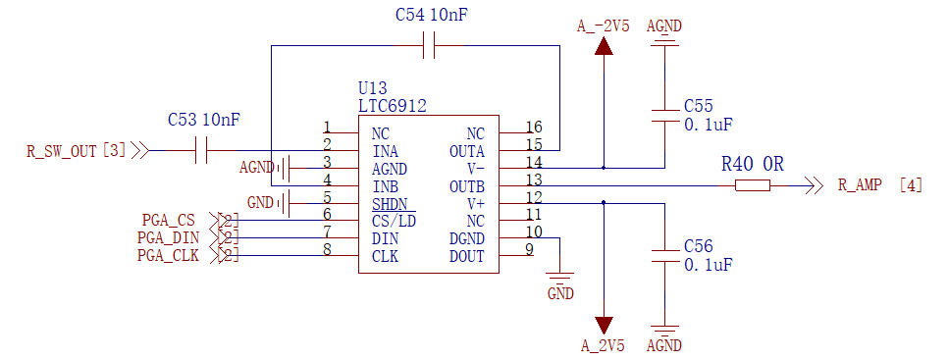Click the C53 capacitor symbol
click(x=204, y=150)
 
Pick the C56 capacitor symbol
click(x=665, y=257)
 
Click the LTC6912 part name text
click(x=393, y=106)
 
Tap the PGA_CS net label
click(x=169, y=220)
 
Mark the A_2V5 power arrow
click(x=603, y=324)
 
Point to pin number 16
click(x=534, y=127)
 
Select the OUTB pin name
click(x=466, y=185)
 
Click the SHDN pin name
click(x=393, y=203)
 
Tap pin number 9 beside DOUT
click(x=529, y=250)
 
